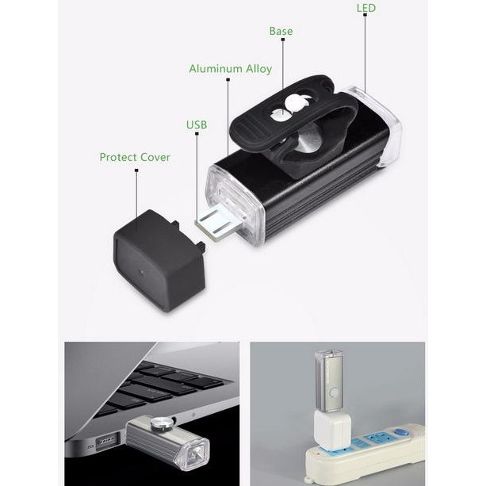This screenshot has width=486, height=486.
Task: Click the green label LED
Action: (x=365, y=8)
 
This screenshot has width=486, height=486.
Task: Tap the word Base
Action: (x=281, y=32)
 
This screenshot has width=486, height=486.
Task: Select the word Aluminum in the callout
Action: (x=213, y=69)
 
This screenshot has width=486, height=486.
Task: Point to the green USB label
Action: (x=197, y=124)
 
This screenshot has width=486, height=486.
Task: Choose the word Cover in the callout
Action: (x=155, y=157)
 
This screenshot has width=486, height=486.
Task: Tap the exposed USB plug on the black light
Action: (x=216, y=224)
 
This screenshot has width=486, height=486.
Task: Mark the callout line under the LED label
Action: (x=365, y=48)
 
